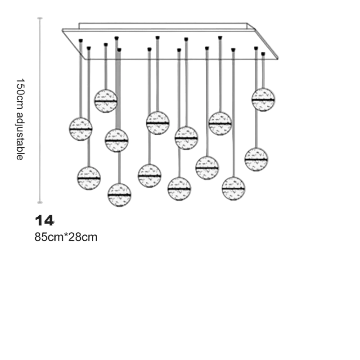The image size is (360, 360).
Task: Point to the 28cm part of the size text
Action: (x=83, y=237)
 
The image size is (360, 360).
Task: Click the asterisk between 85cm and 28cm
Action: (x=67, y=235)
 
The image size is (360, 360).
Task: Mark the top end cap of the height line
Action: (x=40, y=18)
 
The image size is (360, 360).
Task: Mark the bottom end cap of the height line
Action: (x=40, y=201)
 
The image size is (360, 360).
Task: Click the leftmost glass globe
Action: (x=81, y=129)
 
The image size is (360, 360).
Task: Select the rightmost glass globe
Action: (x=263, y=99)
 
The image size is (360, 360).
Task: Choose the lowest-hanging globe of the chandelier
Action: (x=119, y=195)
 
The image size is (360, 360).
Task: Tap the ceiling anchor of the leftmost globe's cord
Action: (x=81, y=40)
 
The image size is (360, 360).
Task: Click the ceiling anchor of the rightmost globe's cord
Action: (x=263, y=54)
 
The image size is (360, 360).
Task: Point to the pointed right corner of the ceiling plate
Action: (x=278, y=58)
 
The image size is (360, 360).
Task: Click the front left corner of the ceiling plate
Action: (x=63, y=30)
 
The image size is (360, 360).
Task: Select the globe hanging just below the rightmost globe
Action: (x=256, y=158)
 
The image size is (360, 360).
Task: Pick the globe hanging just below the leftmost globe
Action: (x=89, y=178)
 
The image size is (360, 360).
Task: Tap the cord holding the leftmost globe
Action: (x=81, y=81)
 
